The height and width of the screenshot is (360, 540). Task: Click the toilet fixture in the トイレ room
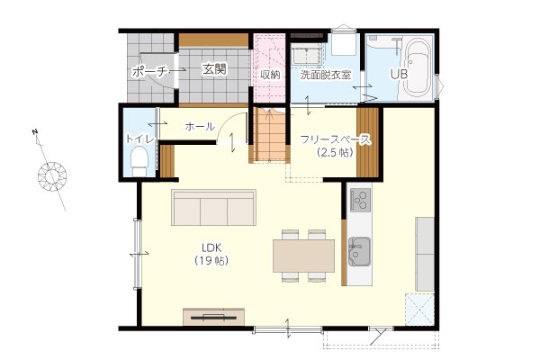point(139,161)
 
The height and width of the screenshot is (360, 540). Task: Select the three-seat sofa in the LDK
point(213,207)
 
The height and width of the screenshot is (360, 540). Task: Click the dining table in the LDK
point(303,256)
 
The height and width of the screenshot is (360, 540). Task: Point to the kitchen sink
point(359,251)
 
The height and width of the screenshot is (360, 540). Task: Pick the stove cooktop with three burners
point(361,200)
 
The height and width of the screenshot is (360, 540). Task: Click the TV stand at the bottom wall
point(214,317)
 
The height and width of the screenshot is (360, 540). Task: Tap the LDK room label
point(211,247)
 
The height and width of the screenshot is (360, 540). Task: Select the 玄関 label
point(214,69)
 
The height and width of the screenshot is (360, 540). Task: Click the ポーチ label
point(148,72)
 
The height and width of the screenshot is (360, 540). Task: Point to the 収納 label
point(270,75)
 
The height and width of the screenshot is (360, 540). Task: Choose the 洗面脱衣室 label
point(326,75)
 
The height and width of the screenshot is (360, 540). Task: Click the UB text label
point(399,74)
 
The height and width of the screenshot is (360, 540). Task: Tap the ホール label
point(200,126)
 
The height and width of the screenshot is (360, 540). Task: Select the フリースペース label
point(336,139)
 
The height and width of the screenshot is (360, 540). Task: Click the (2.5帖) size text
point(335,152)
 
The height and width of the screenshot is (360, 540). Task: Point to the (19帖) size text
point(211,260)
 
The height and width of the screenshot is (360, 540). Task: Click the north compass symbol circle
point(52,175)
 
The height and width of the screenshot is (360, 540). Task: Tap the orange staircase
point(270,134)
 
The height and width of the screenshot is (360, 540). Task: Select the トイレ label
point(139,139)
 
